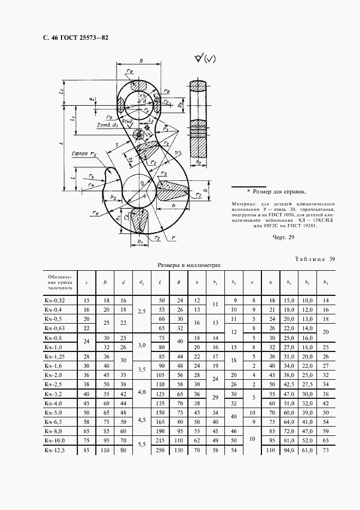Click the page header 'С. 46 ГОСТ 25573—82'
coord(72,38)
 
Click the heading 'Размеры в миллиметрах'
coord(190,265)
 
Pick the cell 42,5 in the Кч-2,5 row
coord(287,384)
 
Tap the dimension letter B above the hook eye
coord(141,62)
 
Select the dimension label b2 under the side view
coord(199,163)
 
